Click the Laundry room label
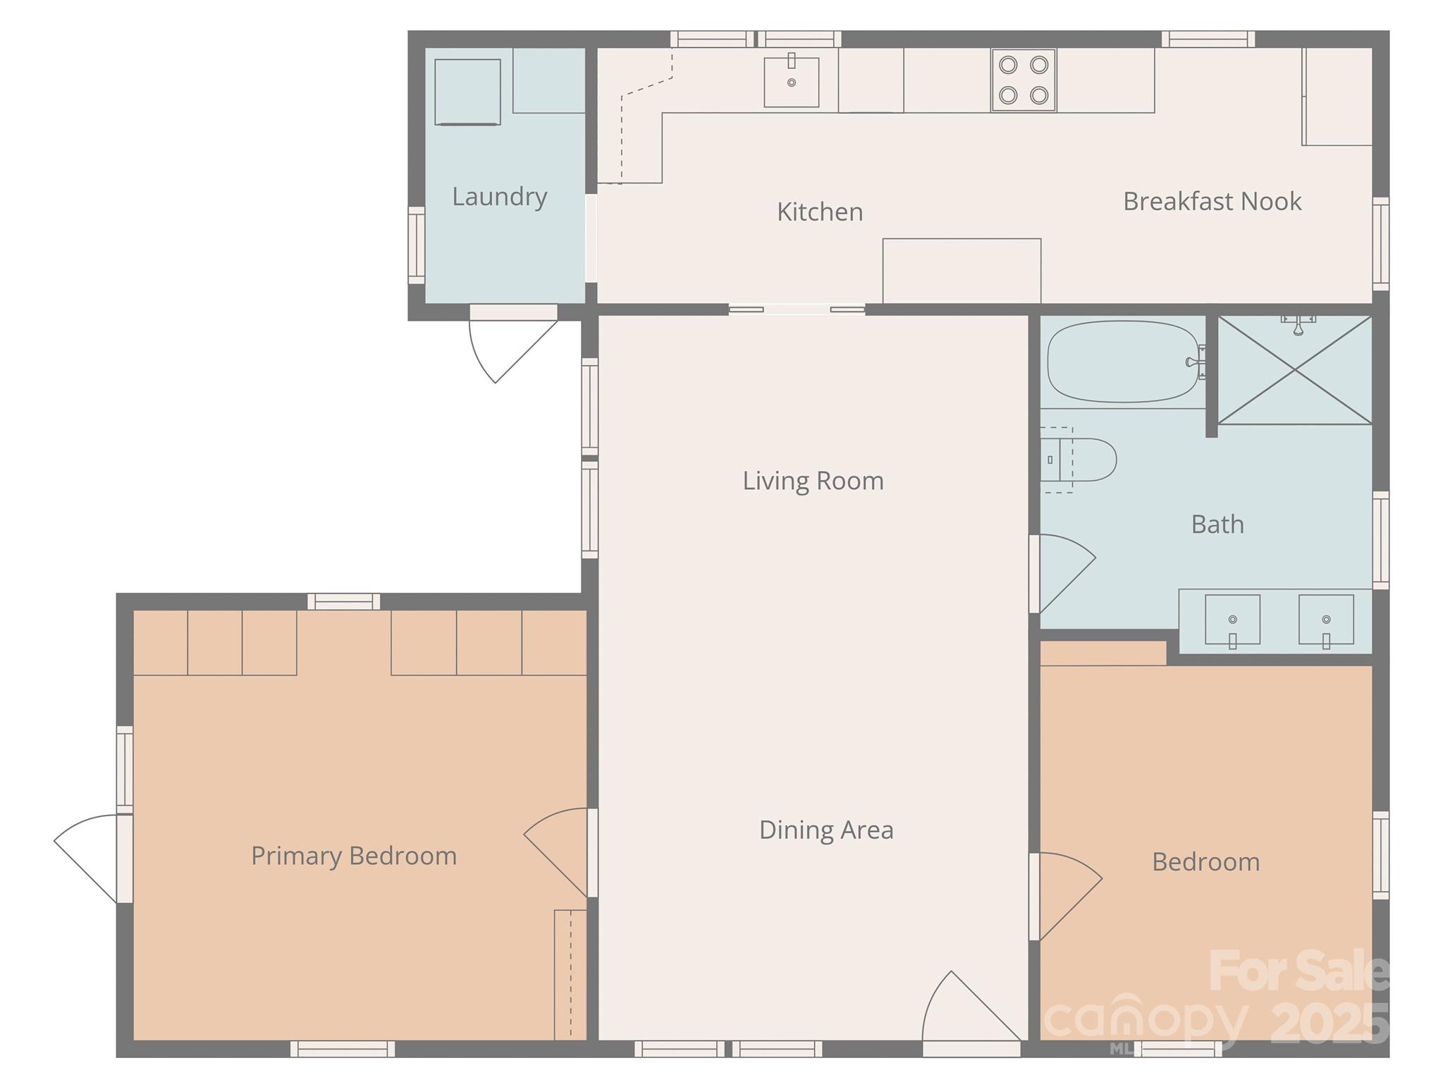click(x=499, y=197)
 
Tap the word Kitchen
click(x=820, y=212)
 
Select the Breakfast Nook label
click(x=1212, y=202)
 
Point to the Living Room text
click(x=813, y=481)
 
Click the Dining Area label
click(x=826, y=830)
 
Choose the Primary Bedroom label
click(x=354, y=856)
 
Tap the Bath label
click(x=1217, y=524)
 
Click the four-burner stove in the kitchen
click(x=1023, y=80)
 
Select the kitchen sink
click(x=791, y=82)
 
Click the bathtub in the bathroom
click(x=1122, y=362)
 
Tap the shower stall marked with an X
click(x=1294, y=370)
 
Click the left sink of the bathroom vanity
click(x=1232, y=620)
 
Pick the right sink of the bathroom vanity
click(x=1326, y=620)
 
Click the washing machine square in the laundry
click(x=467, y=92)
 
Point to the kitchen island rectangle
click(x=962, y=271)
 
